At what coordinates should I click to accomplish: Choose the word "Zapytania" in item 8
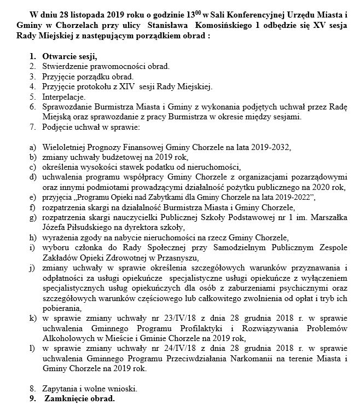(60, 389)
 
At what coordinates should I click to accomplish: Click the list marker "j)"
(32, 268)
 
